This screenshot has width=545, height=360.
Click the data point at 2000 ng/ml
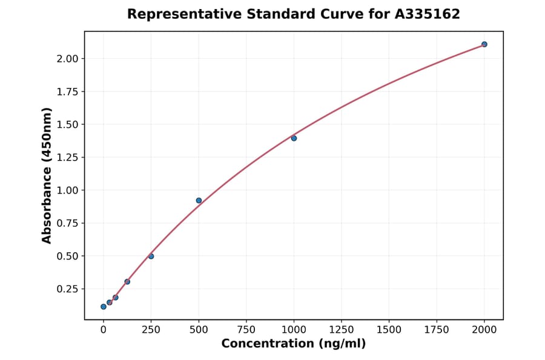point(484,44)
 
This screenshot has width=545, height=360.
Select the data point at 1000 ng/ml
point(294,138)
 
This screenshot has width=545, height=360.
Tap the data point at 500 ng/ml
point(199,201)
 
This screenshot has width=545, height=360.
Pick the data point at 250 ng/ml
point(151,256)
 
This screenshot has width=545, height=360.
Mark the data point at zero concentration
point(104,307)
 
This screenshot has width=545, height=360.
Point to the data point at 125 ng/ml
point(127,282)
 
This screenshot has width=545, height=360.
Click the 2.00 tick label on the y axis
point(67,59)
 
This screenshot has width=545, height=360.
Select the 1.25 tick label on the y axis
point(67,158)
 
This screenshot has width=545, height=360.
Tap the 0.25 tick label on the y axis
point(67,289)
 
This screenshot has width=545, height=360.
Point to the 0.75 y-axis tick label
point(67,223)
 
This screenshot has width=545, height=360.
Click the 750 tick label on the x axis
point(246,330)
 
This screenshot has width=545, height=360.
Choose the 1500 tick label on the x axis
point(389,330)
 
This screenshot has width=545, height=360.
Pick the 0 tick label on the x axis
point(104,330)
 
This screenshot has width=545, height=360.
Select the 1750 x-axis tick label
point(437,330)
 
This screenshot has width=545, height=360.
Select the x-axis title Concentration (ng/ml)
point(294,344)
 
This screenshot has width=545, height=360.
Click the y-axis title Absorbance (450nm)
point(47,175)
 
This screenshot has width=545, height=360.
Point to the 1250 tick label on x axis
point(342,330)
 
